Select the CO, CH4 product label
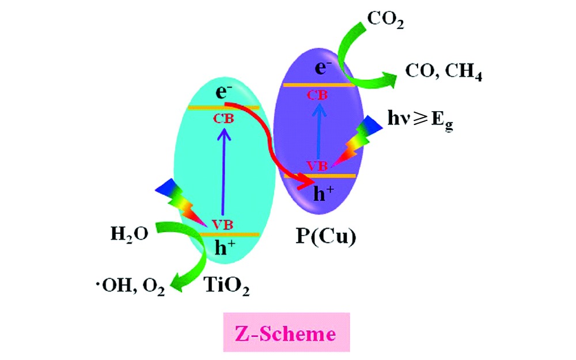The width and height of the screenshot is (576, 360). [444, 73]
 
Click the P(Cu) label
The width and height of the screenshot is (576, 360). [326, 237]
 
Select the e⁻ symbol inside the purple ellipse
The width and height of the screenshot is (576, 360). [321, 69]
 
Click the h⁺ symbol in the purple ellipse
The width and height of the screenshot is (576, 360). [323, 194]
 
